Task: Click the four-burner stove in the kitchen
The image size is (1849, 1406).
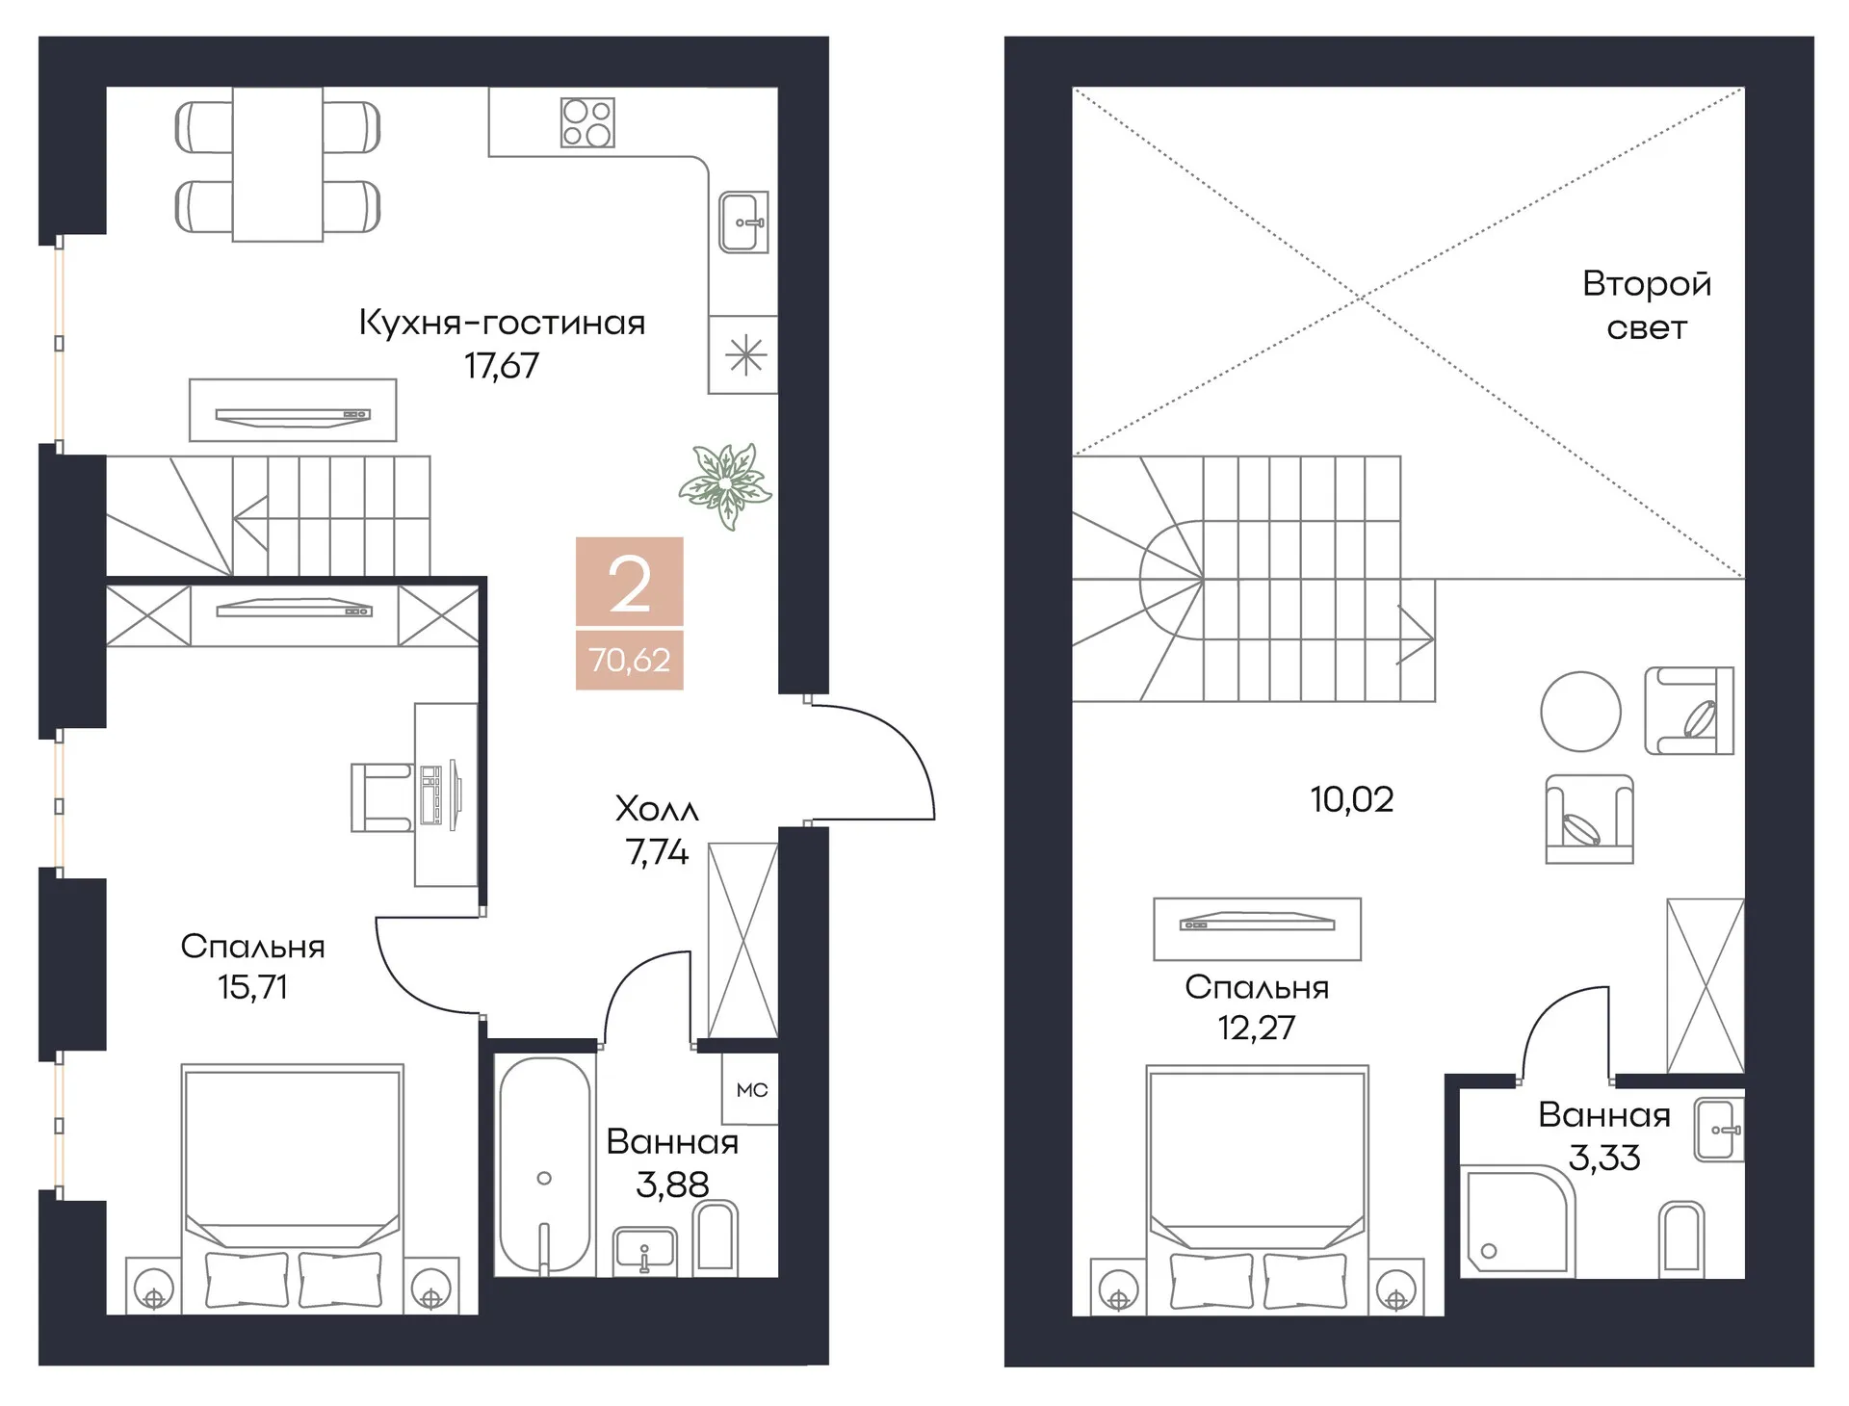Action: tap(587, 122)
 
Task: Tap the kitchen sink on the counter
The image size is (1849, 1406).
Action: tap(743, 222)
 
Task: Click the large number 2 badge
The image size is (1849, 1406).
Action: tap(630, 583)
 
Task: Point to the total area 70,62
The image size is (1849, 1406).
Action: tap(630, 661)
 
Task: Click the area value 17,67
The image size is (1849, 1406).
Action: tap(502, 366)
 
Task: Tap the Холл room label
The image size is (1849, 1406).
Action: tap(657, 810)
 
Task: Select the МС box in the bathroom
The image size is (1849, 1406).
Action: tap(751, 1089)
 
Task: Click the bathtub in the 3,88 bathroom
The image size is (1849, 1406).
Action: tap(544, 1166)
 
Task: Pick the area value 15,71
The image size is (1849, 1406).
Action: tap(252, 988)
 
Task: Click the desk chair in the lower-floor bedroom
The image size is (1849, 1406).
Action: tap(382, 797)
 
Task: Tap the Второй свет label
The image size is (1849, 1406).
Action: tap(1647, 306)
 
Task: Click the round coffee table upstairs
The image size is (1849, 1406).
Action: tap(1580, 712)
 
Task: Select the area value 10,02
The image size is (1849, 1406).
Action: tap(1351, 799)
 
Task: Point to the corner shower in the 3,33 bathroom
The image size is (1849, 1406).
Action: tap(1517, 1221)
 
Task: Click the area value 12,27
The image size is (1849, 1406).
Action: tap(1257, 1028)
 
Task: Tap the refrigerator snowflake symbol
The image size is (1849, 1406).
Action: tap(746, 356)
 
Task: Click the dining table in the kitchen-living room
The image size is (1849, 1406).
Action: tap(277, 165)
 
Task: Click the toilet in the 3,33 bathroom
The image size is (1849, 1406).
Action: tap(1683, 1239)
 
